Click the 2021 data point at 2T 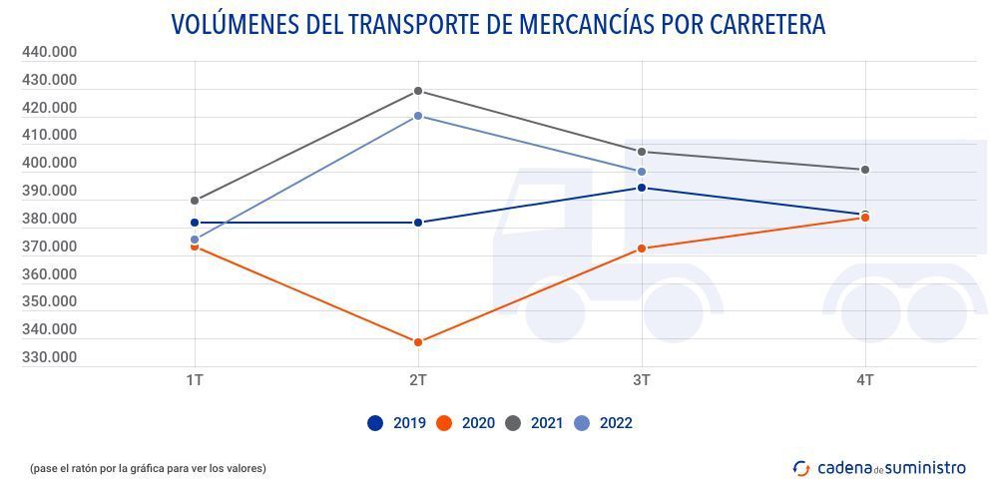418,91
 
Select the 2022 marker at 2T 418,116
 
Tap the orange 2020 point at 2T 418,342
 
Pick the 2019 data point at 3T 642,188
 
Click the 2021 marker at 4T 865,170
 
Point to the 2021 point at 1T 195,201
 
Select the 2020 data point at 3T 642,249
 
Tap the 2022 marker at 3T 642,172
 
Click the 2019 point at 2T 418,223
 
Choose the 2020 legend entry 466,423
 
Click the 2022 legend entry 604,423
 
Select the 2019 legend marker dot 375,423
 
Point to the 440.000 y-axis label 49,52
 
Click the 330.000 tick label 49,357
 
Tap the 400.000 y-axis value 49,163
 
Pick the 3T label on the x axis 642,380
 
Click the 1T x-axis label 195,380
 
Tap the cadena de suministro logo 879,467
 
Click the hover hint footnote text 148,468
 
